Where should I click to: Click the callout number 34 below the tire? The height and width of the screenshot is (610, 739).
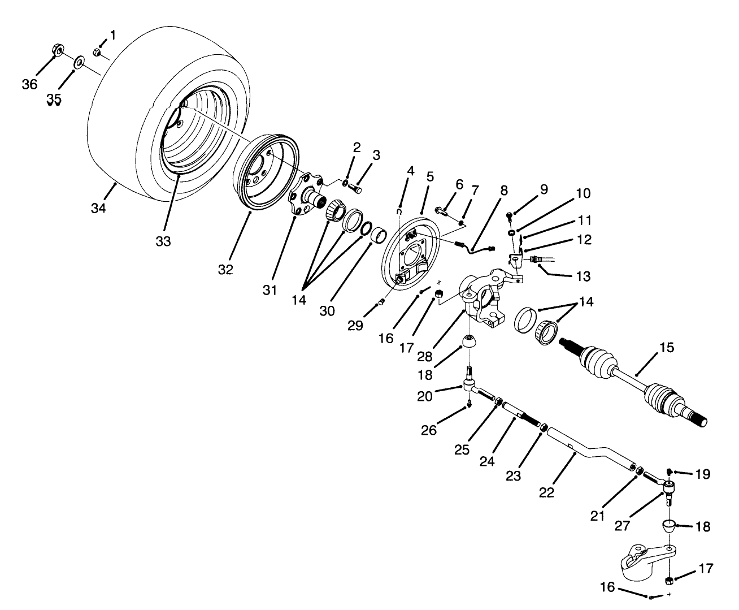[98, 208]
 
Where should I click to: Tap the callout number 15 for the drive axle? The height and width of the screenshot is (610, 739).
[667, 347]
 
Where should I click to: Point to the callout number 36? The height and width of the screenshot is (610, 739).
[29, 85]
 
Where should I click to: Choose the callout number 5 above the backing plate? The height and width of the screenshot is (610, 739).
[430, 176]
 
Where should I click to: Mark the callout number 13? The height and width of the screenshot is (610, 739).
[584, 276]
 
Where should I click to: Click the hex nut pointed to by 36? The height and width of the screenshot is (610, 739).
[56, 52]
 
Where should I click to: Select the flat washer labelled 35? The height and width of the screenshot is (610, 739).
[78, 59]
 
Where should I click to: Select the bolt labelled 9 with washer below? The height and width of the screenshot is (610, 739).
[509, 215]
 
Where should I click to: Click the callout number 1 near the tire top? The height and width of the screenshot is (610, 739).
[112, 36]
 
